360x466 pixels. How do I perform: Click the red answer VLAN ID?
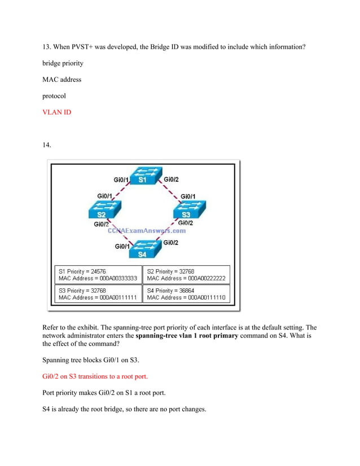[x=57, y=112]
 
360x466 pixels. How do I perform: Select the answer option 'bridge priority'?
[x=63, y=63]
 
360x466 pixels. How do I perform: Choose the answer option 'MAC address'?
[x=62, y=80]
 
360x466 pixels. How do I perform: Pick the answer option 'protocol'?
[x=54, y=96]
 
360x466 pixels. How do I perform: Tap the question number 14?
[x=47, y=145]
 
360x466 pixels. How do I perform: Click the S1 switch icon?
[x=143, y=175]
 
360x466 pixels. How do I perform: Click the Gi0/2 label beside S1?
[x=171, y=179]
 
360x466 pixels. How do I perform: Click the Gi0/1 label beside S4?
[x=123, y=246]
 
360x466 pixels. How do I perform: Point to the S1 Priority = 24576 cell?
[x=97, y=275]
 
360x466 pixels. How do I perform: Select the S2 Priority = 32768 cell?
[x=186, y=275]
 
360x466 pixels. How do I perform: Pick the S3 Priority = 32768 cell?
[x=97, y=294]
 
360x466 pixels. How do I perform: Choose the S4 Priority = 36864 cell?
[x=186, y=294]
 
